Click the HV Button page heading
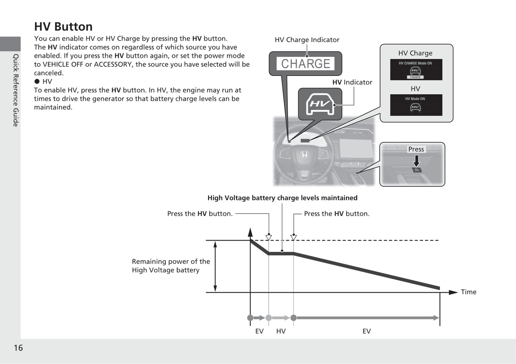(63, 27)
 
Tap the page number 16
(18, 348)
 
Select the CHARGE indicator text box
(305, 64)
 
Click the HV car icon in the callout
(320, 104)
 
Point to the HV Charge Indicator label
(307, 40)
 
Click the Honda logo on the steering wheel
(304, 154)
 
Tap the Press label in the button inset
(416, 149)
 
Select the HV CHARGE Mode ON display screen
(416, 70)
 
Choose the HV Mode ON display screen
(416, 105)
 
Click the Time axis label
(469, 292)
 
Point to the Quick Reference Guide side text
(16, 90)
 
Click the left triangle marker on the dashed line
(269, 238)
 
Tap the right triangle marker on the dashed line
(294, 238)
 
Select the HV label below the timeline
(281, 331)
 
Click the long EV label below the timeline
(366, 331)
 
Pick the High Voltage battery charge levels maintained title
(282, 198)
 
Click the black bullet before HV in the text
(37, 81)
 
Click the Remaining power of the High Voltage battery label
(171, 266)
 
